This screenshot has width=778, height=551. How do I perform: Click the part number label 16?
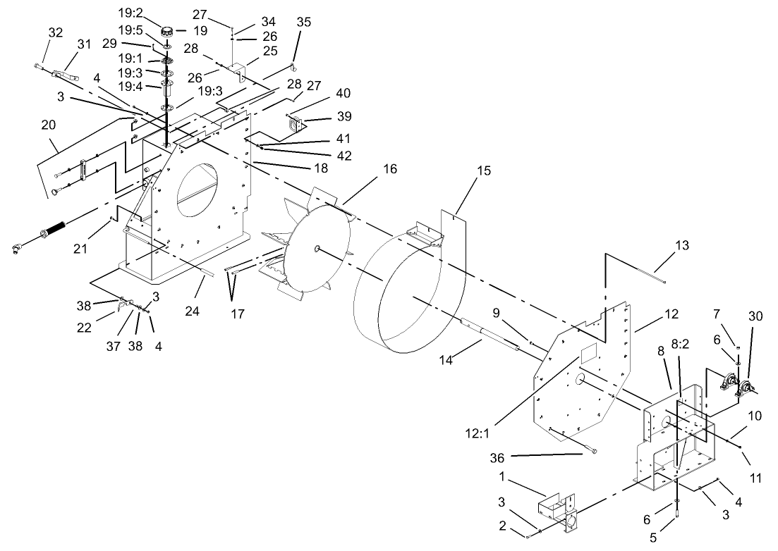390,169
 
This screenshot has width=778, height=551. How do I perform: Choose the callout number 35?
303,22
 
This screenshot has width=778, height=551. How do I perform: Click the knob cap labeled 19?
168,30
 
